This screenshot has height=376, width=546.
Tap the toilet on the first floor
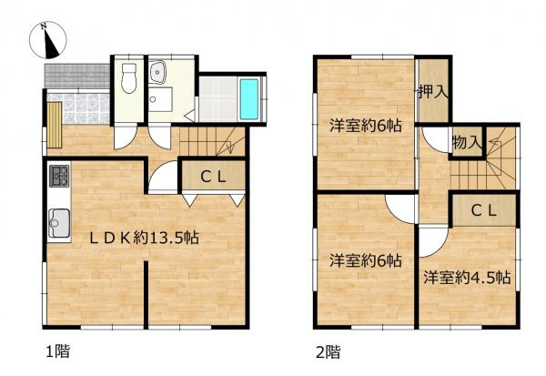click(128, 78)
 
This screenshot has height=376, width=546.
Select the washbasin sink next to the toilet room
click(161, 71)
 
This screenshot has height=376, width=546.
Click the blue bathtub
click(248, 97)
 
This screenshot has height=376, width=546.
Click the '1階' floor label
click(56, 350)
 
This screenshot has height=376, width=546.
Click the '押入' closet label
click(433, 92)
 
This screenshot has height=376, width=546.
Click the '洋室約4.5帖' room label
click(466, 277)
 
